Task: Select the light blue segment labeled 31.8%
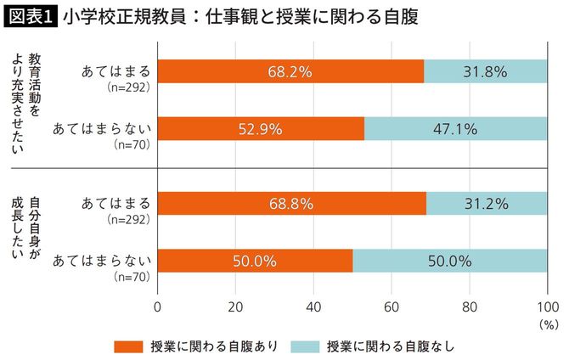pyautogui.click(x=486, y=71)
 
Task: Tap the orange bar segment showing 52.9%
pyautogui.click(x=261, y=129)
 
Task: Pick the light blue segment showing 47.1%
pyautogui.click(x=456, y=129)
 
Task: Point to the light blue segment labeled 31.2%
pyautogui.click(x=487, y=203)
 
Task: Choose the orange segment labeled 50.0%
pyautogui.click(x=255, y=261)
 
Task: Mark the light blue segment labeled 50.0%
pyautogui.click(x=450, y=261)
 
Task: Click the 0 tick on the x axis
pyautogui.click(x=158, y=306)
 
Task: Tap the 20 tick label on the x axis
pyautogui.click(x=236, y=306)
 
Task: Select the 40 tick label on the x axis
pyautogui.click(x=314, y=306)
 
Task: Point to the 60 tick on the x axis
pyautogui.click(x=392, y=306)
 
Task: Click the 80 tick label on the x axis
pyautogui.click(x=470, y=306)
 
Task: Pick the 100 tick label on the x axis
pyautogui.click(x=547, y=306)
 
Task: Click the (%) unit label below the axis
pyautogui.click(x=547, y=323)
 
